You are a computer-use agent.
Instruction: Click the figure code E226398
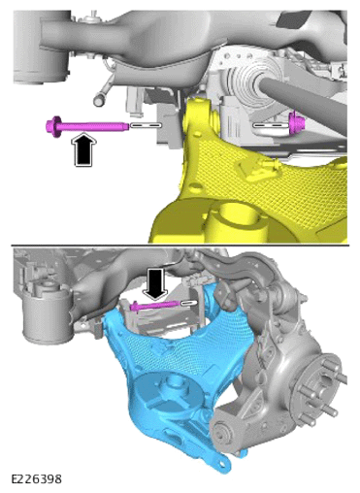[x=36, y=478]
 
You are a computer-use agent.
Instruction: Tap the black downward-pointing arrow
[x=156, y=284]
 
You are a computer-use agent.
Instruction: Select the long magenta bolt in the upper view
[x=87, y=126]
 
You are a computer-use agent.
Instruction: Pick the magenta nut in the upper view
[x=294, y=124]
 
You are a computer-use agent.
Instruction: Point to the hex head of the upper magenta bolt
[x=53, y=126]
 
